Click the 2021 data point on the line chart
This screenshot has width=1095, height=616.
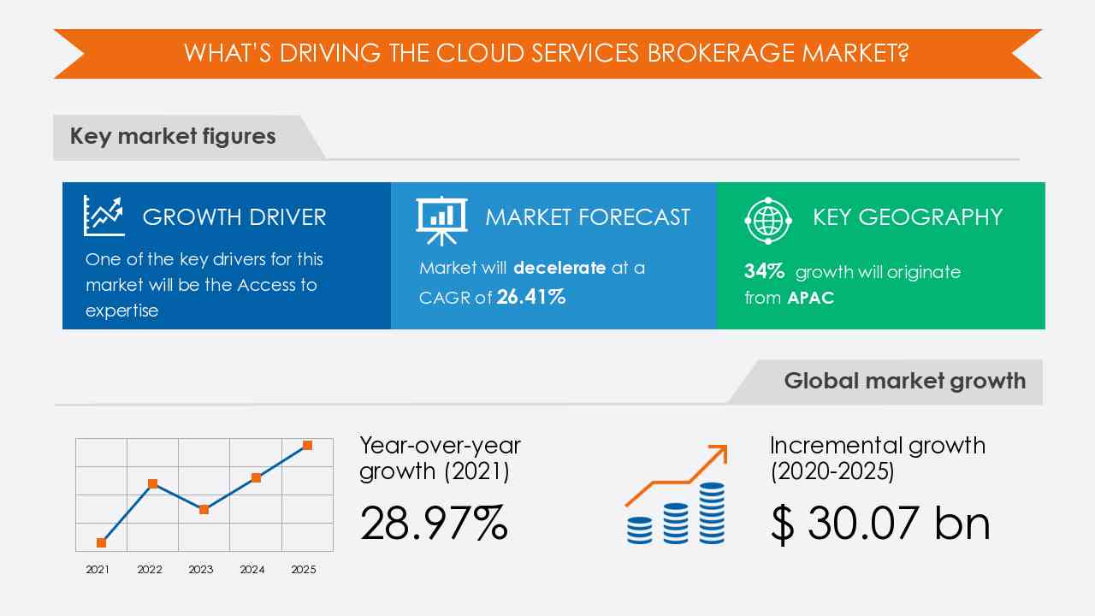click(x=102, y=542)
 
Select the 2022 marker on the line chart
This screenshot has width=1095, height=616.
click(x=152, y=483)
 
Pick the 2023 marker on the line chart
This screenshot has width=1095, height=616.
click(x=204, y=509)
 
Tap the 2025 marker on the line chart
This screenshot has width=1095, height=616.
click(x=307, y=445)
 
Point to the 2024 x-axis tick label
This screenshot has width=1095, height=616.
click(x=252, y=570)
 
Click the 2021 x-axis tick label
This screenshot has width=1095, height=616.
click(x=98, y=570)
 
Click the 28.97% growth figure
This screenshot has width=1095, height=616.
click(x=434, y=523)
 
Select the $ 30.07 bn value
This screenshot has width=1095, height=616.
click(x=879, y=523)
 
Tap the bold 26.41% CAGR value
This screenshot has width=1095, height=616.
click(x=531, y=297)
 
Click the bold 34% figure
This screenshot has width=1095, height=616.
click(x=764, y=272)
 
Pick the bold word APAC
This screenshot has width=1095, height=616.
click(x=811, y=298)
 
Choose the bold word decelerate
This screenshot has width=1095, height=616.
click(x=559, y=268)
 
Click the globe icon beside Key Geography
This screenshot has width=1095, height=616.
click(x=767, y=219)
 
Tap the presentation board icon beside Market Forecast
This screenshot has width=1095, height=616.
click(x=441, y=218)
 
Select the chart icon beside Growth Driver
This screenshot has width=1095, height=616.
click(x=104, y=216)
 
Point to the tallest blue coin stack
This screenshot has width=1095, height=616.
click(x=712, y=512)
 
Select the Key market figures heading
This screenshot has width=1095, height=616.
click(x=173, y=137)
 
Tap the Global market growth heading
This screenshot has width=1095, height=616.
click(x=904, y=381)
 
